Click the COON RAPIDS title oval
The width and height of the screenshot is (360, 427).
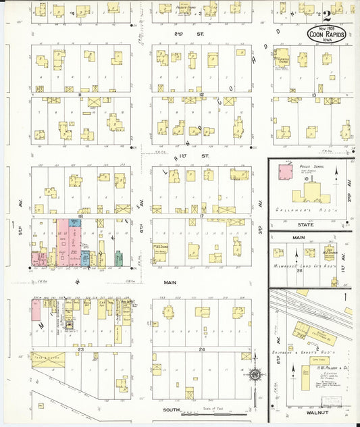click(x=327, y=33)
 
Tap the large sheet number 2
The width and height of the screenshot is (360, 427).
click(x=326, y=15)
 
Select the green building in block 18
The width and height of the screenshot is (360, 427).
click(x=118, y=257)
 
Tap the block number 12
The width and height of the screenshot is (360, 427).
click(x=201, y=95)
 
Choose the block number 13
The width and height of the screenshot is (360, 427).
click(x=313, y=95)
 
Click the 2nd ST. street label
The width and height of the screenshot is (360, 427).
click(x=179, y=32)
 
